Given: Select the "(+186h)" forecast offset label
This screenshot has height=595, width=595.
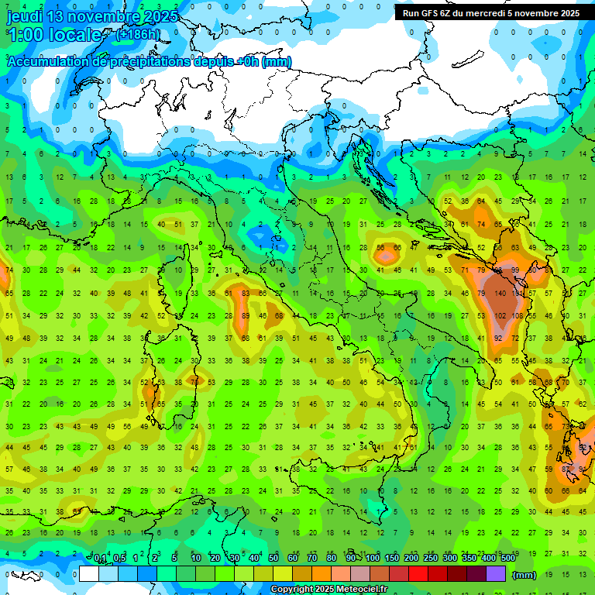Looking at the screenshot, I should pyautogui.click(x=138, y=35).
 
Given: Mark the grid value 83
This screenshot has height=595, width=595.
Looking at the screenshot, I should pyautogui.click(x=246, y=294).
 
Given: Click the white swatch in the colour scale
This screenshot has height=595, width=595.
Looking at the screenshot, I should pyautogui.click(x=89, y=574).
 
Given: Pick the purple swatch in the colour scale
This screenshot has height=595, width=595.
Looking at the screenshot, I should pyautogui.click(x=496, y=574).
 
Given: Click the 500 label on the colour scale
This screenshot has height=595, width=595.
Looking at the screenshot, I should pyautogui.click(x=507, y=559).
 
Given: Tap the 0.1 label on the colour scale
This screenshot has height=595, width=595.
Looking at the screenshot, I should pyautogui.click(x=100, y=559).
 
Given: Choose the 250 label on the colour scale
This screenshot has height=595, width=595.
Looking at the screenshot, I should pyautogui.click(x=431, y=559).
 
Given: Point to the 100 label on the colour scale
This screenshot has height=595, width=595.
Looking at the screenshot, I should pyautogui.click(x=373, y=559).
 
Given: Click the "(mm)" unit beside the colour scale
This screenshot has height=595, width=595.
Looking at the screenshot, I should pyautogui.click(x=524, y=575).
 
